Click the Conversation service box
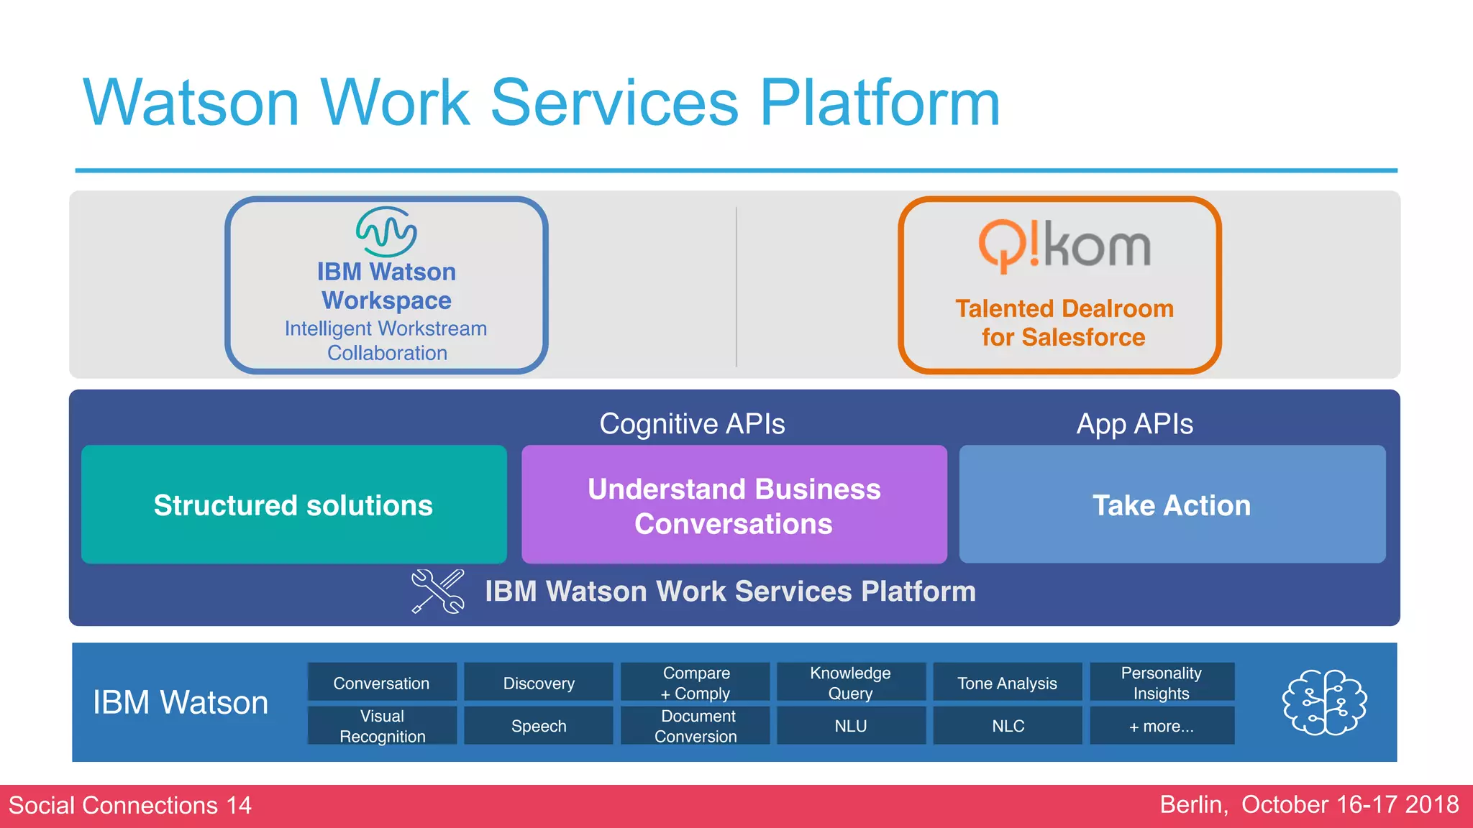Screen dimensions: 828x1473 pyautogui.click(x=382, y=682)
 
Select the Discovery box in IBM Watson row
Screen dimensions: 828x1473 pyautogui.click(x=539, y=682)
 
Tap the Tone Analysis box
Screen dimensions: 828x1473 pyautogui.click(x=1008, y=682)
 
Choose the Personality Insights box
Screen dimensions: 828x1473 pyautogui.click(x=1162, y=682)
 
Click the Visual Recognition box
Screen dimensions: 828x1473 pyautogui.click(x=382, y=725)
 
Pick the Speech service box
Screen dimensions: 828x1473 pyautogui.click(x=539, y=725)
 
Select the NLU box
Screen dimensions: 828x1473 pyautogui.click(x=851, y=725)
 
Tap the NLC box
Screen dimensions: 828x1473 pyautogui.click(x=1008, y=725)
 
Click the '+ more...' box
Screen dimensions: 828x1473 pyautogui.click(x=1162, y=725)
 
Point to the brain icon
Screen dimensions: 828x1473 pyautogui.click(x=1325, y=702)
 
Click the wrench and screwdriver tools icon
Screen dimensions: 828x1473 pyautogui.click(x=437, y=592)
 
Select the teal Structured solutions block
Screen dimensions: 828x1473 pyautogui.click(x=293, y=505)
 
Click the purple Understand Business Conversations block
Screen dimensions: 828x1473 pyautogui.click(x=734, y=505)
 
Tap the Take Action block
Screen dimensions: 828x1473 pyautogui.click(x=1172, y=505)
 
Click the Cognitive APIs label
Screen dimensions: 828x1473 pyautogui.click(x=692, y=424)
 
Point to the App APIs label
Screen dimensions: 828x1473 pyautogui.click(x=1134, y=424)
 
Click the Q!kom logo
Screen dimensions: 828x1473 pyautogui.click(x=1064, y=247)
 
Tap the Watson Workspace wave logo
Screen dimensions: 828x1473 pyautogui.click(x=386, y=231)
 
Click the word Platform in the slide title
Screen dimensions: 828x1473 pyautogui.click(x=880, y=103)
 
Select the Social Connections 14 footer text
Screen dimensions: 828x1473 pyautogui.click(x=130, y=805)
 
